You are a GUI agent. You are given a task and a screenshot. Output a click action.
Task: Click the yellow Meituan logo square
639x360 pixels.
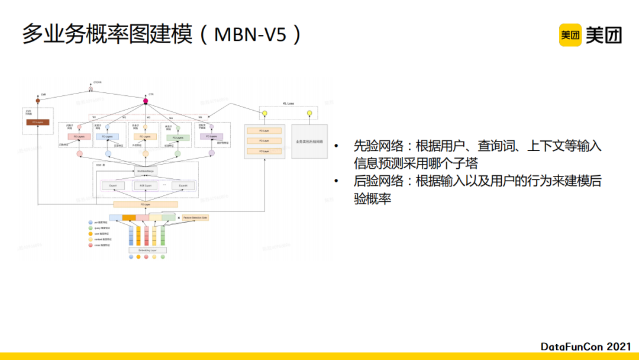click(570, 35)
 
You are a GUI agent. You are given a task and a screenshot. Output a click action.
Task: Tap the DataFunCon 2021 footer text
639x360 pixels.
click(585, 346)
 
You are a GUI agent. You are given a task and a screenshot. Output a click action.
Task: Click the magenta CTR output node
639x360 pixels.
click(146, 101)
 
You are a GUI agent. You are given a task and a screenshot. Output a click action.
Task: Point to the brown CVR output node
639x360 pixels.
click(38, 101)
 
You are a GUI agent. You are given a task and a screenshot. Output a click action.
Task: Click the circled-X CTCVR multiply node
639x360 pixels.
click(91, 89)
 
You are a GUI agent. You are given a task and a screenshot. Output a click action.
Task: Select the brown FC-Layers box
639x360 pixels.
click(38, 123)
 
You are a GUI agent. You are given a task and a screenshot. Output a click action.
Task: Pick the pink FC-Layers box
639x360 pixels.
click(79, 137)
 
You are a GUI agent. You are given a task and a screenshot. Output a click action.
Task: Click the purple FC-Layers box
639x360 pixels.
click(212, 137)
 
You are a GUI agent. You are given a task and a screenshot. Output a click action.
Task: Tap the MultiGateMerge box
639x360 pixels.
click(146, 171)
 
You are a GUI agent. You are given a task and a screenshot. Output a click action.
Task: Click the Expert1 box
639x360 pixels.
click(113, 186)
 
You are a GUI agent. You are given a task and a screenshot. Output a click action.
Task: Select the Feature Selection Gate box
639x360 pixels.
click(195, 218)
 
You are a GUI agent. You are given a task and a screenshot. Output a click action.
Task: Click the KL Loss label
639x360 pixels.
click(287, 103)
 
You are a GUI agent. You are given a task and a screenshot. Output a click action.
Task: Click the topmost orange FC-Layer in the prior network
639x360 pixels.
click(264, 130)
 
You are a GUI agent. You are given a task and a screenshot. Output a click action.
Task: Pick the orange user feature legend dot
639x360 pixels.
click(91, 234)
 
